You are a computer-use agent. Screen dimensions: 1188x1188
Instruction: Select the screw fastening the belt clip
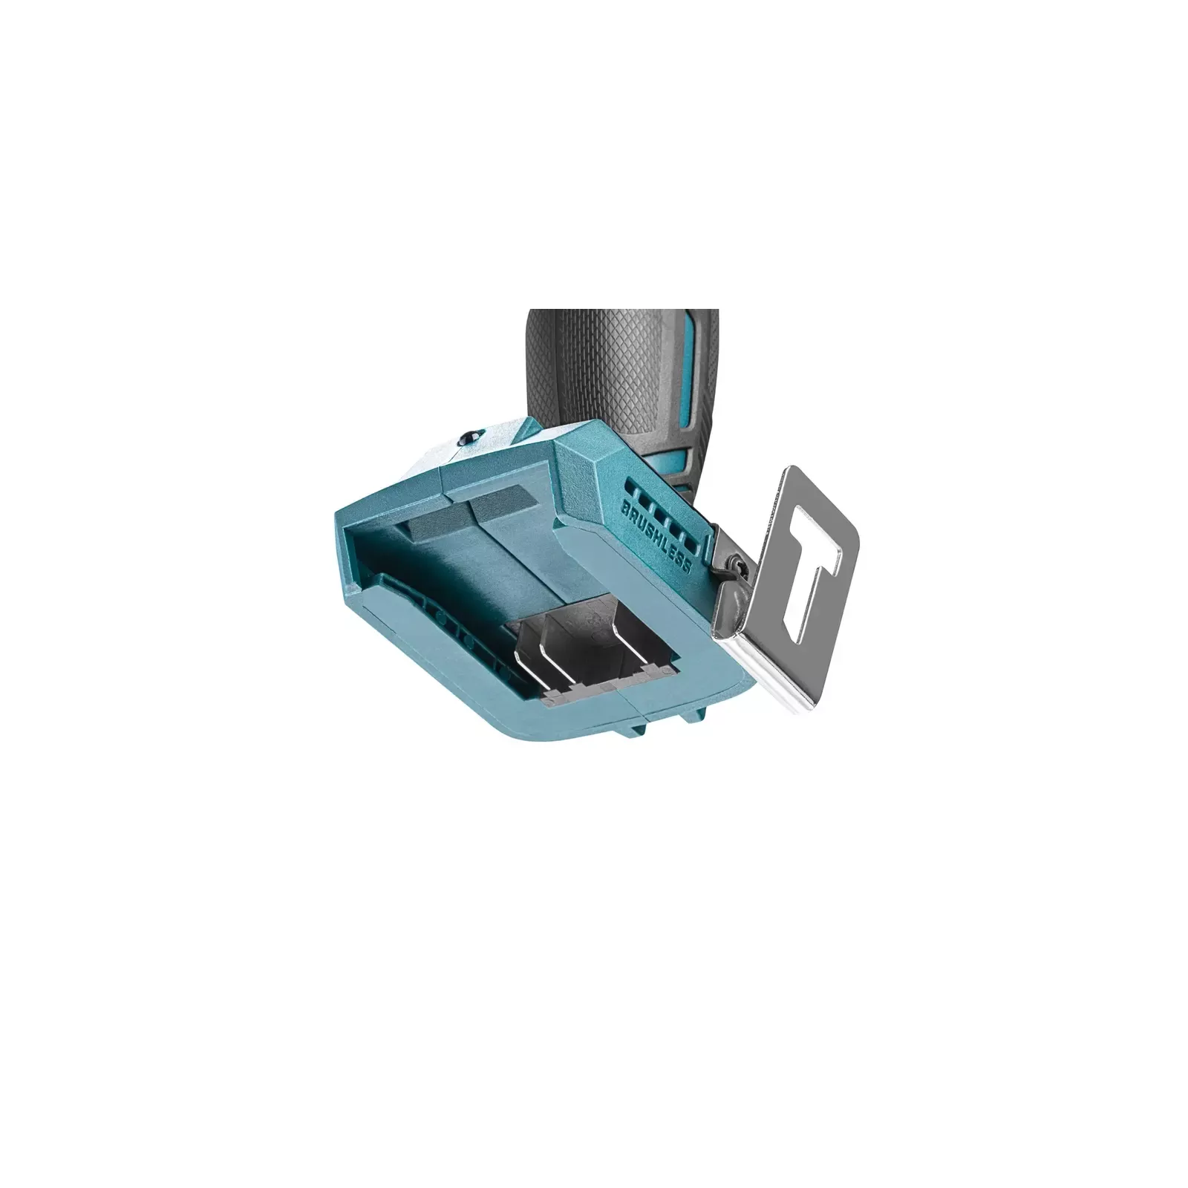point(736,566)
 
